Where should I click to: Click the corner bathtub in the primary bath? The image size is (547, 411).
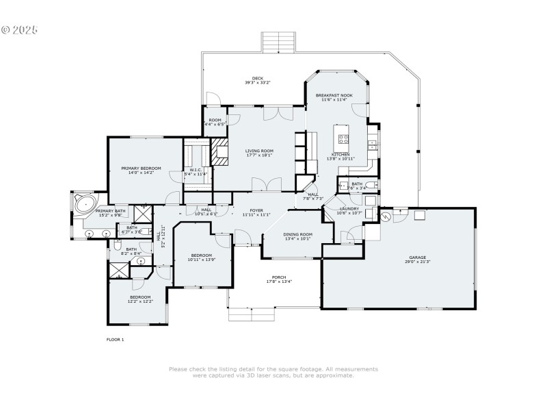(85, 203)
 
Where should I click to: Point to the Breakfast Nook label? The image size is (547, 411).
(334, 95)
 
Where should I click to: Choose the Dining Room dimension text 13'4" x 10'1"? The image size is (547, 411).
(297, 239)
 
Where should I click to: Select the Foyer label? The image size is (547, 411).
(256, 210)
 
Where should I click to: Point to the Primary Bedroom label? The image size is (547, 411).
(141, 168)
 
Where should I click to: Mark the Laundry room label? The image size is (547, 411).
(349, 208)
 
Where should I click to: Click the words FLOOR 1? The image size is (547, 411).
(115, 339)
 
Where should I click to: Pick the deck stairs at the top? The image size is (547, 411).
(278, 42)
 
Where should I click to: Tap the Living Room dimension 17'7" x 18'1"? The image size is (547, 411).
(259, 155)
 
